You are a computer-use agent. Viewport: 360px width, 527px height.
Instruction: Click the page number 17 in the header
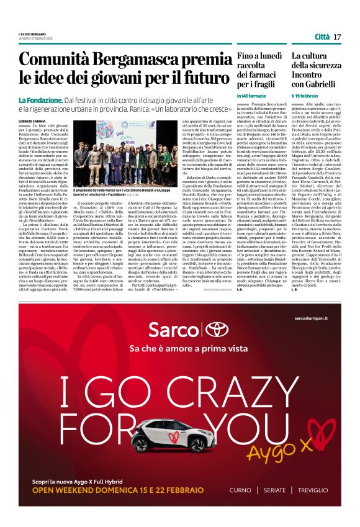tap(338, 37)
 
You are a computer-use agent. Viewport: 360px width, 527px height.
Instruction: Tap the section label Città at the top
tap(322, 37)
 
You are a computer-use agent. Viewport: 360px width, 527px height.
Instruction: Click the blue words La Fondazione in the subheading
tap(40, 100)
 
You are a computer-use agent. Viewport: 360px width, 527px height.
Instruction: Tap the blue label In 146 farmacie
tap(251, 96)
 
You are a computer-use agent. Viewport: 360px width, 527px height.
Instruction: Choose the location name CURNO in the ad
tap(240, 490)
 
